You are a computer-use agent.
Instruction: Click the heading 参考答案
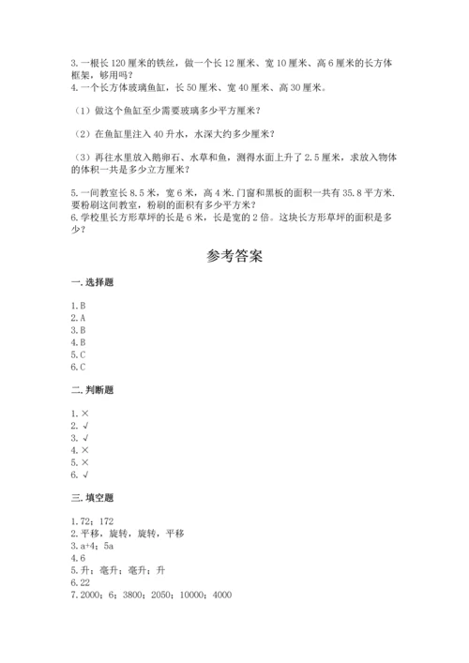click(234, 256)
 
